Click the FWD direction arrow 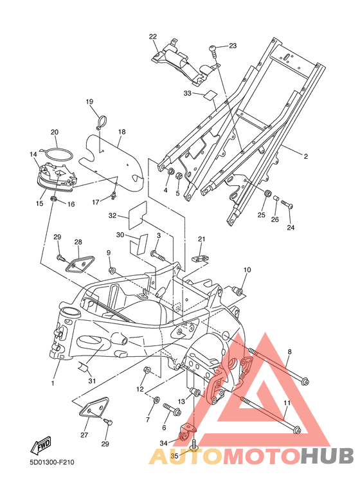[40, 446]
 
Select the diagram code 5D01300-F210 [52, 462]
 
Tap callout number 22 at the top [153, 37]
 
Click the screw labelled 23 [213, 51]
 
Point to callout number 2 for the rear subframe [305, 156]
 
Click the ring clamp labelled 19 [102, 122]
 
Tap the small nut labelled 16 [54, 199]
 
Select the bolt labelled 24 [287, 204]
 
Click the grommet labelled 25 [268, 193]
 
